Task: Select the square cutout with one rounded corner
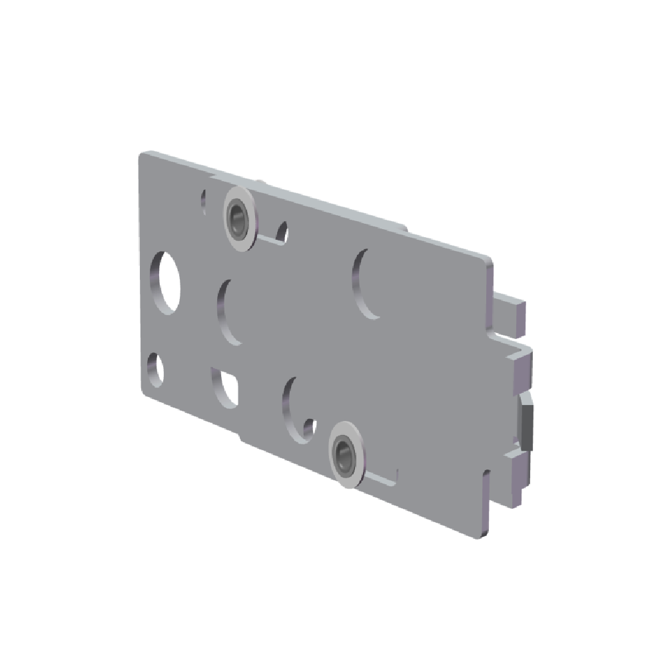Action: [x=224, y=384]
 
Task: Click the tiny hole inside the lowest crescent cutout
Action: [x=308, y=425]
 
